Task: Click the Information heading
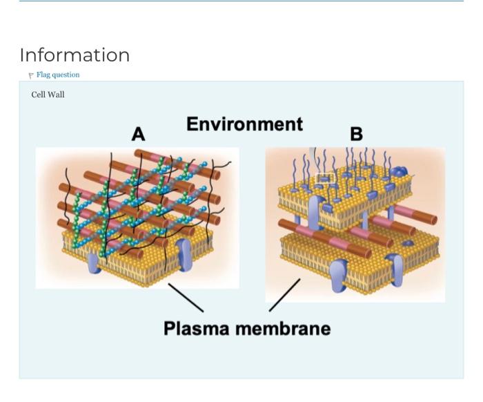(75, 55)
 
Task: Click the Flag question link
(58, 75)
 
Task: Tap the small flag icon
(31, 75)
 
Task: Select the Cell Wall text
(48, 95)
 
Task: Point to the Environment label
(244, 124)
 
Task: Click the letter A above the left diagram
(138, 135)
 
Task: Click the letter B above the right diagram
(357, 134)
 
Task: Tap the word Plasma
(196, 328)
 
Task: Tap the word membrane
(283, 328)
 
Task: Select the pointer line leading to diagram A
(186, 298)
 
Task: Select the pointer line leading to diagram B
(284, 295)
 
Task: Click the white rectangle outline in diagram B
(325, 178)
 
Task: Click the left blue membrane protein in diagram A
(94, 263)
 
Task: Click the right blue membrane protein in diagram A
(184, 255)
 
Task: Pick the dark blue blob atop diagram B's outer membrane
(399, 171)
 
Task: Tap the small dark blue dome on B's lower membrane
(408, 243)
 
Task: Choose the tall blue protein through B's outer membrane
(315, 213)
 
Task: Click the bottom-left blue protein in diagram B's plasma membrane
(339, 276)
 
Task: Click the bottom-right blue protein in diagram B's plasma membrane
(395, 269)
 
